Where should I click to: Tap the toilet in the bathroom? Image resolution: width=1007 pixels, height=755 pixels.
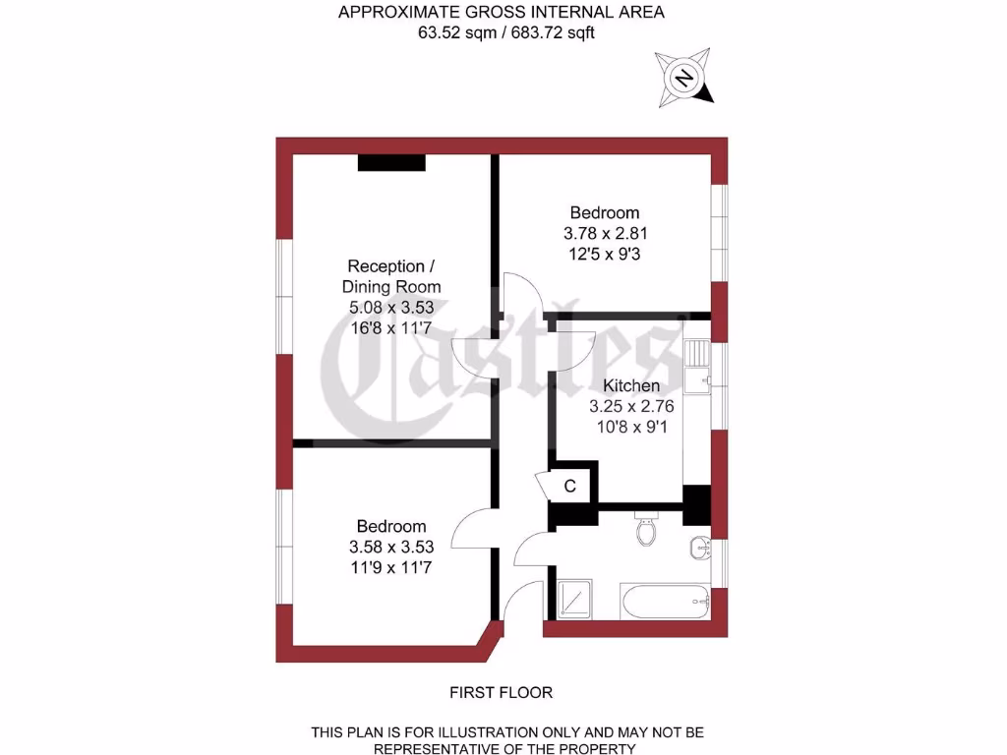[x=646, y=530]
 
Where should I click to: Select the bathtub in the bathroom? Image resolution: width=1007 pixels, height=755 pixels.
[x=665, y=600]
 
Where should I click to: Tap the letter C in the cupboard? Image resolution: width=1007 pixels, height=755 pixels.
[x=569, y=486]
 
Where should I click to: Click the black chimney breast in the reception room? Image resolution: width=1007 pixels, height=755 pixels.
[x=391, y=163]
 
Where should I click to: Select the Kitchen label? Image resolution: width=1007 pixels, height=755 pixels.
[x=631, y=385]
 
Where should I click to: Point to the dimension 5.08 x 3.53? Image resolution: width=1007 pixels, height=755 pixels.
[x=391, y=308]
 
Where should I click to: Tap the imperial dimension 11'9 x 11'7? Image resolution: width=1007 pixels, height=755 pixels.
[x=391, y=567]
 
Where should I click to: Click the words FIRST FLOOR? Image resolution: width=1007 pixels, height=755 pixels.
[x=502, y=692]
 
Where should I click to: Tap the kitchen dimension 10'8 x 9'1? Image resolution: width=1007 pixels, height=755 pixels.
[x=631, y=427]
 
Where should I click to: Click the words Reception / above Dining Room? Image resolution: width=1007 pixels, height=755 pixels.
[x=391, y=266]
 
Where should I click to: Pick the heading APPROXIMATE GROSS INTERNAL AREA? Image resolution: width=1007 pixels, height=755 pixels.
[x=502, y=12]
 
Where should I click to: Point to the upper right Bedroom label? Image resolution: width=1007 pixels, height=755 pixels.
[x=605, y=212]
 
